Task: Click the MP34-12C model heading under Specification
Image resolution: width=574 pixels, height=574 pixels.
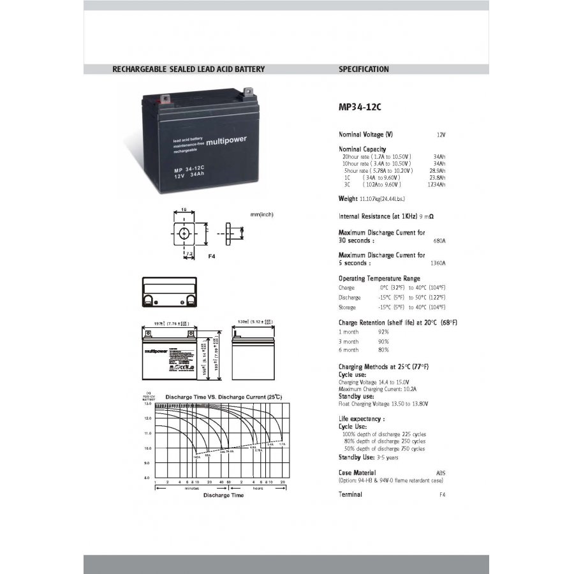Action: pos(360,108)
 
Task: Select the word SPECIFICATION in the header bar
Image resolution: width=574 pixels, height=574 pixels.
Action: pos(364,70)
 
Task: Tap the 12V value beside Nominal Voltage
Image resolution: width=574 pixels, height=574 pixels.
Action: pos(441,135)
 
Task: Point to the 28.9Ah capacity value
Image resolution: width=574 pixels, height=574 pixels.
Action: pos(438,171)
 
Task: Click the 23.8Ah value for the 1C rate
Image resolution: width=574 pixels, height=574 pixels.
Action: pos(438,178)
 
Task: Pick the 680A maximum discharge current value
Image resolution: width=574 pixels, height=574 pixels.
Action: pos(439,241)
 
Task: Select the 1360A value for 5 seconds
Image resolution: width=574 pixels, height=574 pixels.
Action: pos(438,263)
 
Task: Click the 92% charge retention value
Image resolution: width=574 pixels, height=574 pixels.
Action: pos(383,332)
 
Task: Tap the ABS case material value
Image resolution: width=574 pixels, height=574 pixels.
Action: pos(441,473)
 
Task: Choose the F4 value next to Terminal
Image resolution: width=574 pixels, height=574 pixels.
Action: pos(441,495)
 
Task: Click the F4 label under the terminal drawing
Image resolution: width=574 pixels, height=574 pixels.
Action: pos(212,255)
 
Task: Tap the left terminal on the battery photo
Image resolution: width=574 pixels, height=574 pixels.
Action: pos(165,99)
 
